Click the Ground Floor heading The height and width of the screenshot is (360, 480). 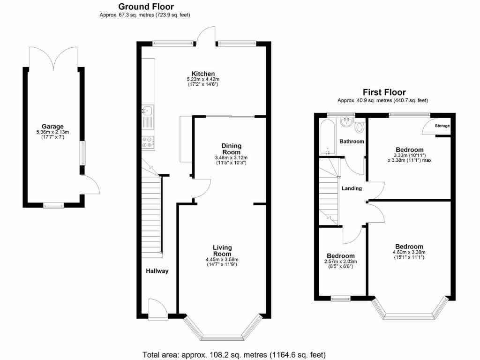pos(146,7)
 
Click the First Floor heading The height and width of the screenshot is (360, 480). pos(384,92)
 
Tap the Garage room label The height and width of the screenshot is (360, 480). pos(52,126)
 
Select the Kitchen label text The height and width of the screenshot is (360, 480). pos(203,74)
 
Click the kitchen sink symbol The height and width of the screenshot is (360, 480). pos(147,111)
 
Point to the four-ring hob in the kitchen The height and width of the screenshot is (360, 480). pos(147,142)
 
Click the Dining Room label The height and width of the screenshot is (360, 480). pos(231,149)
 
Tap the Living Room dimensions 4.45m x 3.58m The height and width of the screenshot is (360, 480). pos(222,259)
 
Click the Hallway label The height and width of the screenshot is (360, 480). pos(157,271)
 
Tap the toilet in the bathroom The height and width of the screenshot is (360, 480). pos(360,127)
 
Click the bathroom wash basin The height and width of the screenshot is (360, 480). pos(347,122)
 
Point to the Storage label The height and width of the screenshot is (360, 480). pos(442,126)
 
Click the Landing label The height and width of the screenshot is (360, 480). pos(352,188)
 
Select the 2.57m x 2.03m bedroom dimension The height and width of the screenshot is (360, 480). pos(341,262)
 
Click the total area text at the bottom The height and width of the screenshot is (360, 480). pos(234,354)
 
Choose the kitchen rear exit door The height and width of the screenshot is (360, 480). pos(205,35)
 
